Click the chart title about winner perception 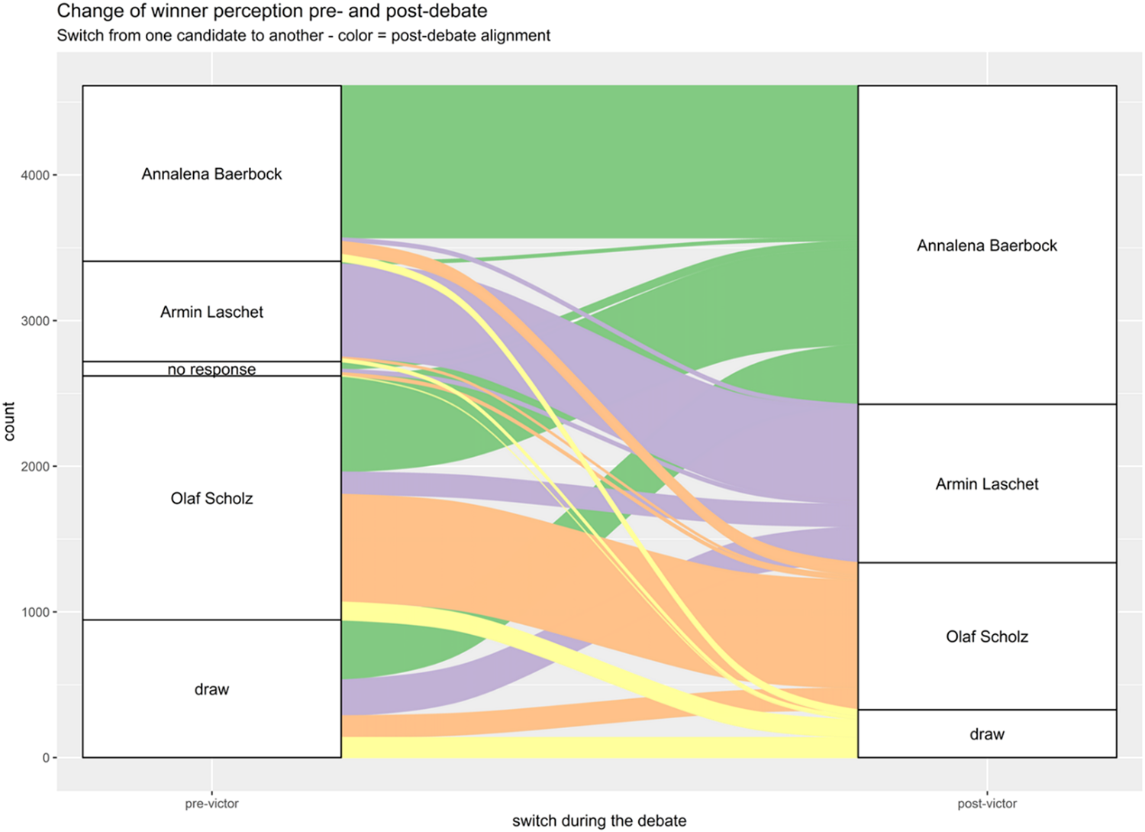point(272,11)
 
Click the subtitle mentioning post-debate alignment point(303,36)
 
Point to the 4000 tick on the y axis point(34,175)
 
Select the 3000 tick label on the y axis point(34,321)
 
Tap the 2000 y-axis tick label point(34,467)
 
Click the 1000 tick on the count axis point(34,612)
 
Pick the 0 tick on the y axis point(46,758)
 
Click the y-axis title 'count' point(10,421)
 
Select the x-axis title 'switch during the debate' point(598,821)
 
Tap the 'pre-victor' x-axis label point(211,804)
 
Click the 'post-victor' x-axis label point(987,804)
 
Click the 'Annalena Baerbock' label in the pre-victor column point(211,174)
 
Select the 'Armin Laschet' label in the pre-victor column point(211,312)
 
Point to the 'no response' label point(211,369)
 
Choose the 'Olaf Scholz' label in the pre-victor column point(211,498)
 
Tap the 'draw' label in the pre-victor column point(211,689)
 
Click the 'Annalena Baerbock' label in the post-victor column point(987,245)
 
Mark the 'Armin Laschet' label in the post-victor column point(987,484)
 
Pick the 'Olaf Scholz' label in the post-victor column point(987,636)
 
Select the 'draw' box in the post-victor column point(987,734)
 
